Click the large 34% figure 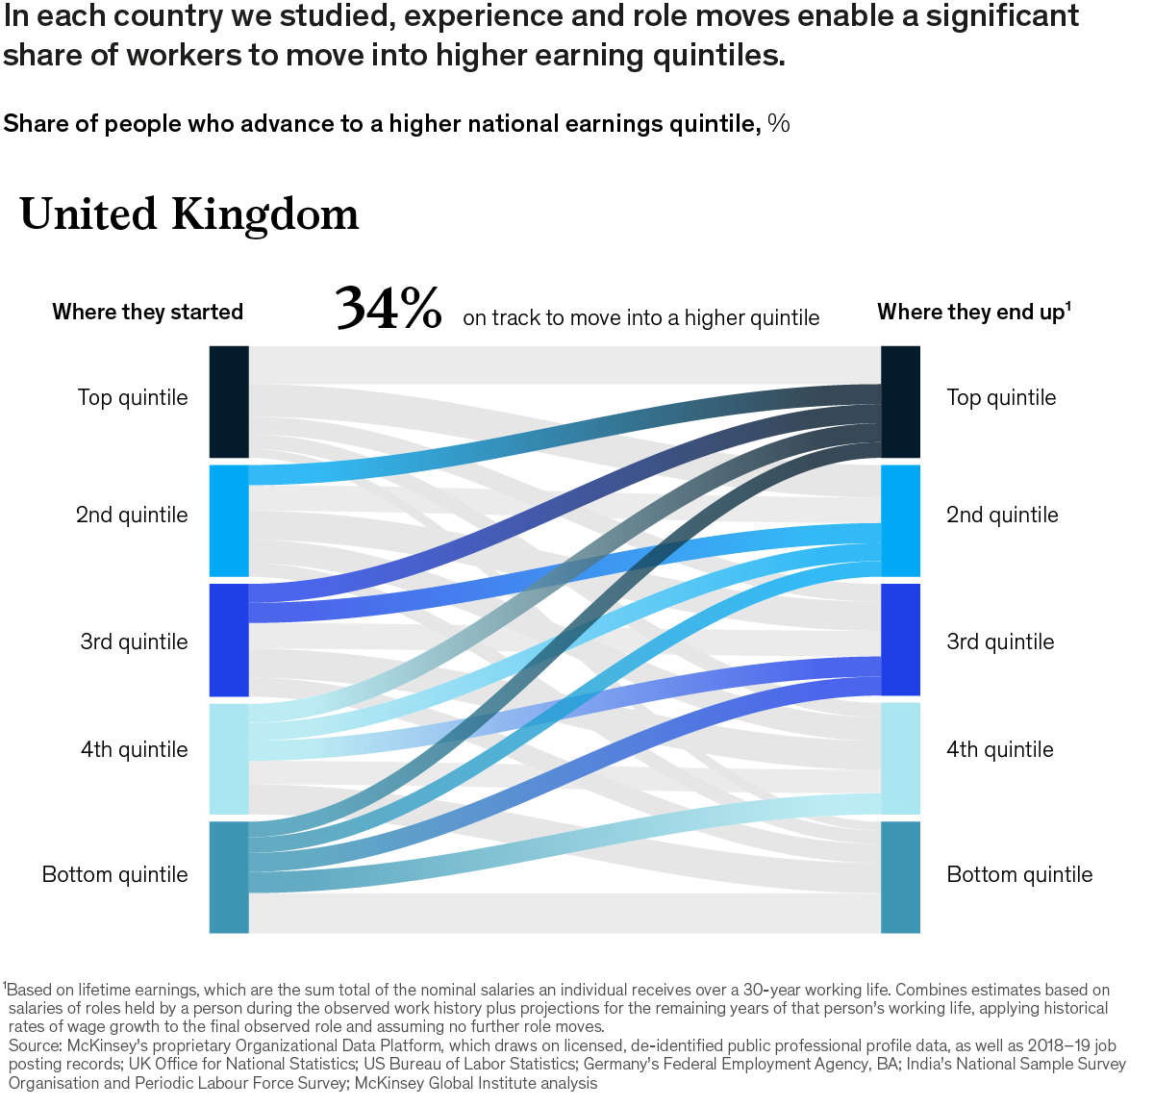point(389,309)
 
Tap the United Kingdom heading point(189,214)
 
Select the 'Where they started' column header point(147,312)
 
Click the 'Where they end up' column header point(973,312)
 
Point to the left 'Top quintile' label point(133,397)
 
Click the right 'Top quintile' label point(1001,397)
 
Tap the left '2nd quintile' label point(132,515)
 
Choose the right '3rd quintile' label point(1000,642)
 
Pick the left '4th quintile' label point(134,749)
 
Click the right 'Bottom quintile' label point(1019,874)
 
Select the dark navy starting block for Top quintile point(229,401)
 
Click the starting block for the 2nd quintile point(229,520)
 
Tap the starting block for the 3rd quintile point(229,640)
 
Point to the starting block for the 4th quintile point(229,759)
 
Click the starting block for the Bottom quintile point(229,876)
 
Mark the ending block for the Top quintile point(900,401)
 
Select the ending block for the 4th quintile point(900,758)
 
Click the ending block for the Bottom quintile point(900,876)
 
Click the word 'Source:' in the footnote point(36,1045)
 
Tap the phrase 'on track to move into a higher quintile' point(640,318)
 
